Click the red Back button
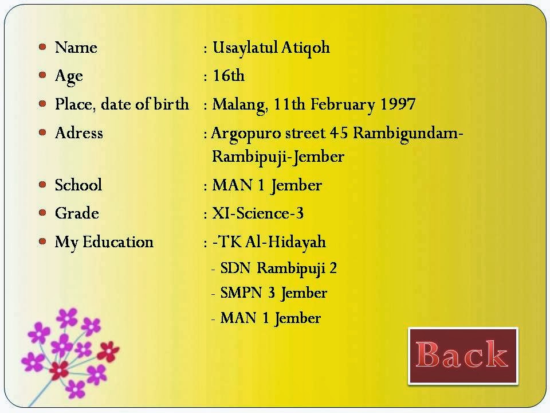tap(463, 356)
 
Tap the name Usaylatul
tap(245, 47)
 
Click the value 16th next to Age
tap(228, 76)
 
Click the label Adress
tap(78, 133)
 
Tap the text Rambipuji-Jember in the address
tap(277, 156)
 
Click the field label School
tap(78, 185)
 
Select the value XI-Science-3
tap(257, 213)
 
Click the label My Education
tap(104, 242)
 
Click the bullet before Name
tap(42, 46)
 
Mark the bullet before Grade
tap(42, 213)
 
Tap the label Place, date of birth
tap(121, 105)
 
